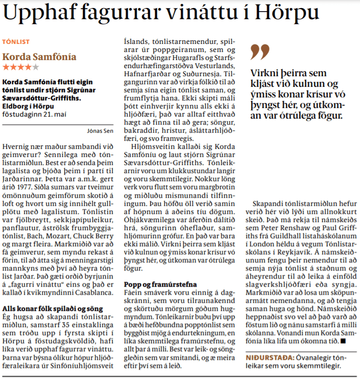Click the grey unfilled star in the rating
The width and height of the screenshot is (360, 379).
(35, 67)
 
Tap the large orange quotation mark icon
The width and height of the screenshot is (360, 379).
(261, 51)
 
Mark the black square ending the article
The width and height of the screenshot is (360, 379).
(343, 342)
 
